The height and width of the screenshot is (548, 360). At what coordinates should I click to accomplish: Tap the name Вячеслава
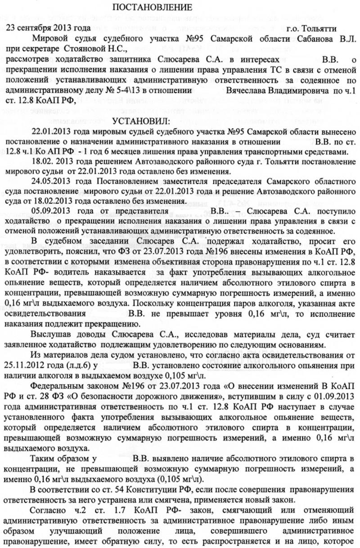coord(246,91)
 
